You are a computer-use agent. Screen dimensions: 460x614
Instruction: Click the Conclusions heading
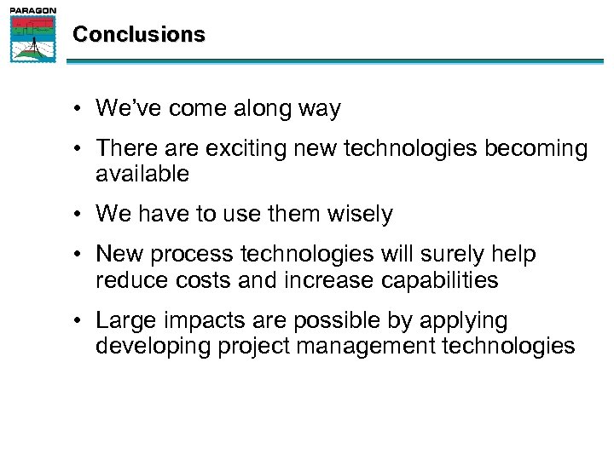[139, 35]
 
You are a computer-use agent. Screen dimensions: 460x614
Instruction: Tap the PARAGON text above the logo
[33, 10]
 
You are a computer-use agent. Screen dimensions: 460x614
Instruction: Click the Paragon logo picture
[33, 38]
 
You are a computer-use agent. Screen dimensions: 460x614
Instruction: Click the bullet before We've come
[78, 109]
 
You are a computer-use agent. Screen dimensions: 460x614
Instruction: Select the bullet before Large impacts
[78, 320]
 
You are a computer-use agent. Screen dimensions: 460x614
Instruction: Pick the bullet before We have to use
[78, 214]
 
